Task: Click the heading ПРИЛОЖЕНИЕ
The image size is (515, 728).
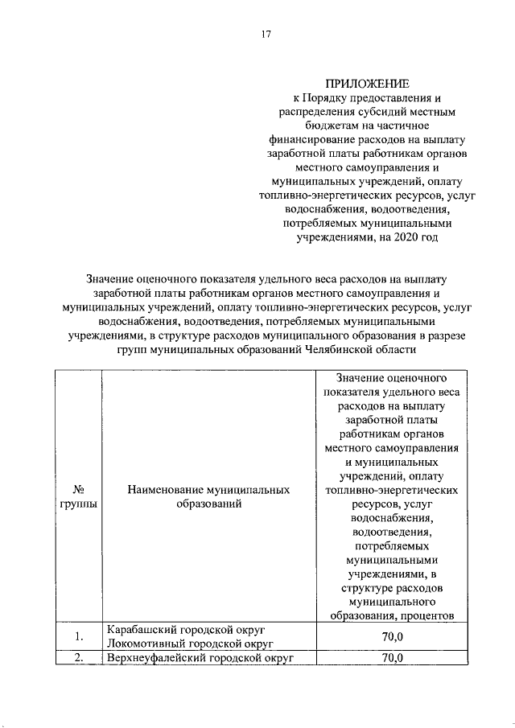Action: tap(367, 84)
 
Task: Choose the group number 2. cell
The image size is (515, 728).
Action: tap(79, 658)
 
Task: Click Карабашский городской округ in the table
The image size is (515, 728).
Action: tap(186, 629)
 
